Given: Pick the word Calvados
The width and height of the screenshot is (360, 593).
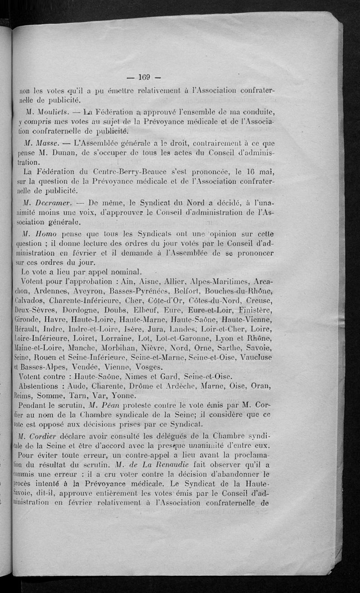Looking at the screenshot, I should (x=29, y=302).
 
